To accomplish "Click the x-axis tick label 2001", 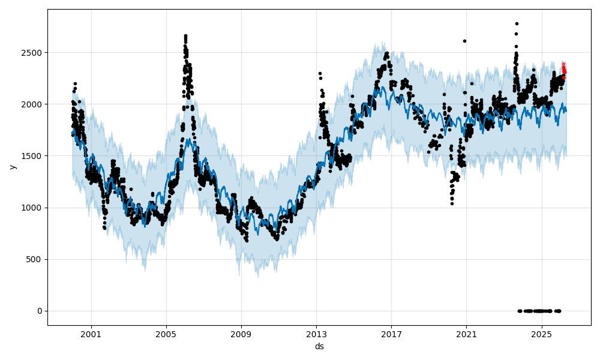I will (x=91, y=334).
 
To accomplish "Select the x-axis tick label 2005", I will (x=166, y=334).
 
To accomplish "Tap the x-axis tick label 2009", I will (x=241, y=334).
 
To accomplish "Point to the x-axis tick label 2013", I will (x=316, y=334).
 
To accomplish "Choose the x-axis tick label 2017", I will (x=391, y=334).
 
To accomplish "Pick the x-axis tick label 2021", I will (x=466, y=334).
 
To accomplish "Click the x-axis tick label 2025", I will (x=541, y=334).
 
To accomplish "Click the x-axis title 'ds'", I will (x=319, y=346).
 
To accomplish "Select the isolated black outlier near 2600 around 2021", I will (x=464, y=41).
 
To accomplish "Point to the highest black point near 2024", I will (x=517, y=23).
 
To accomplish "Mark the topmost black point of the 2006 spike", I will (x=185, y=36).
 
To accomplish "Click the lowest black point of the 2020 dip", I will (x=452, y=203).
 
